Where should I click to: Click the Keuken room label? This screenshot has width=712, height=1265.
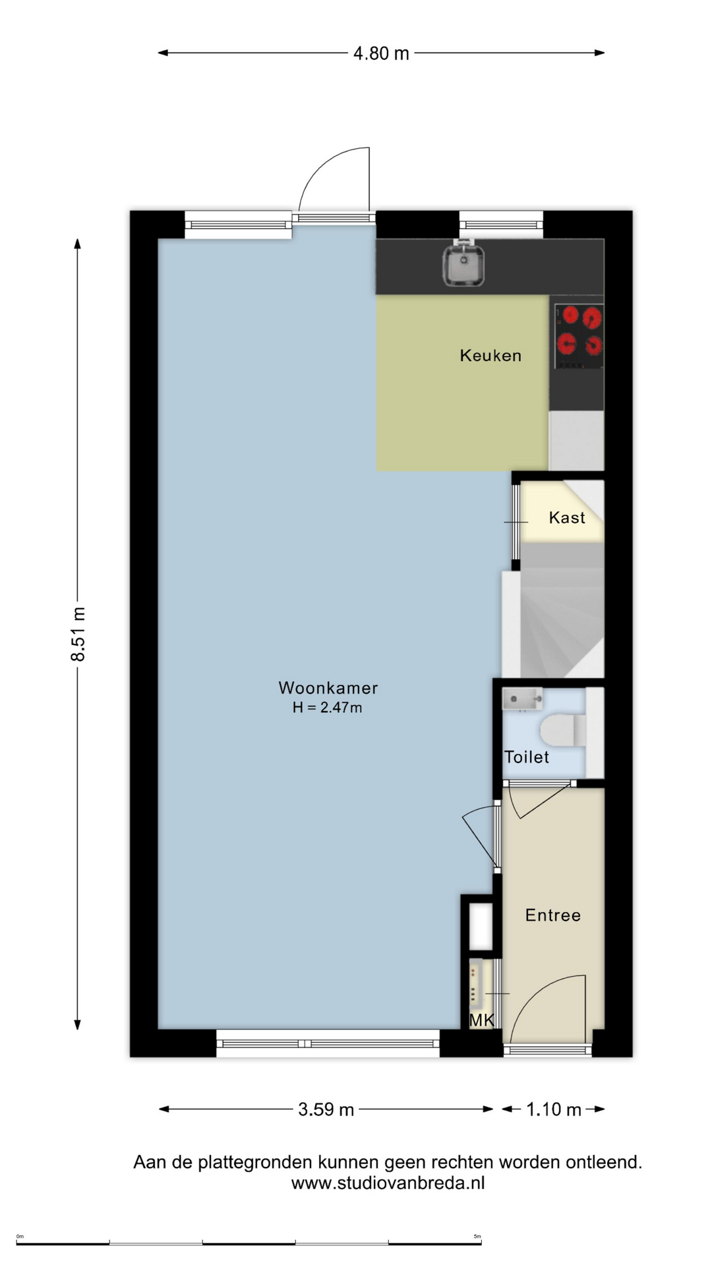490,356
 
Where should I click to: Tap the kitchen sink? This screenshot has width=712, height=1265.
463,264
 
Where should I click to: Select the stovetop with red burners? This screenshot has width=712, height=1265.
579,337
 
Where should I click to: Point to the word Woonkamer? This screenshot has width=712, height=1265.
328,688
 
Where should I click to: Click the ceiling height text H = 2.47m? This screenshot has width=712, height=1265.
328,708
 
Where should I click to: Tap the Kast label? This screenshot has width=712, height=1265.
567,518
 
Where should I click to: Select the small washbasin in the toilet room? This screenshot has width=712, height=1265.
522,699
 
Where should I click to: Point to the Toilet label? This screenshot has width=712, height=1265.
527,757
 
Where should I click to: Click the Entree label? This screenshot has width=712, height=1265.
553,915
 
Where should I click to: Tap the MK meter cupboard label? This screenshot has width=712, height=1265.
481,1020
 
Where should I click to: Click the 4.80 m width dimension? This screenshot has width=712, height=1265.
381,53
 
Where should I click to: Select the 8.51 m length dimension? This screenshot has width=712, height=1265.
78,634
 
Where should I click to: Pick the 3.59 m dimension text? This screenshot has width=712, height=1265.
326,1110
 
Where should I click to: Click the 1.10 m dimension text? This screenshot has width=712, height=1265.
554,1110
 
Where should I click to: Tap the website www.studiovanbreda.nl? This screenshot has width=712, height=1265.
388,1183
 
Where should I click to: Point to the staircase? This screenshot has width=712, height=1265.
562,609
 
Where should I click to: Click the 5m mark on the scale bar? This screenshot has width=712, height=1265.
477,1237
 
